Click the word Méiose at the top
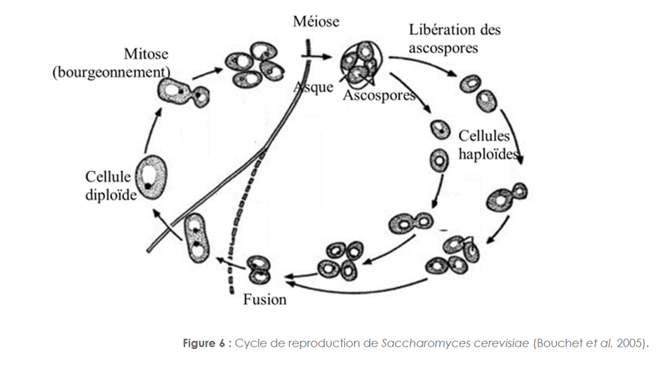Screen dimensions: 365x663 point(316,21)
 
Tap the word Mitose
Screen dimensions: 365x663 point(146,54)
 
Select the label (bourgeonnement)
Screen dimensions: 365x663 point(112,72)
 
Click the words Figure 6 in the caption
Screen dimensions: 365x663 point(204,343)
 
